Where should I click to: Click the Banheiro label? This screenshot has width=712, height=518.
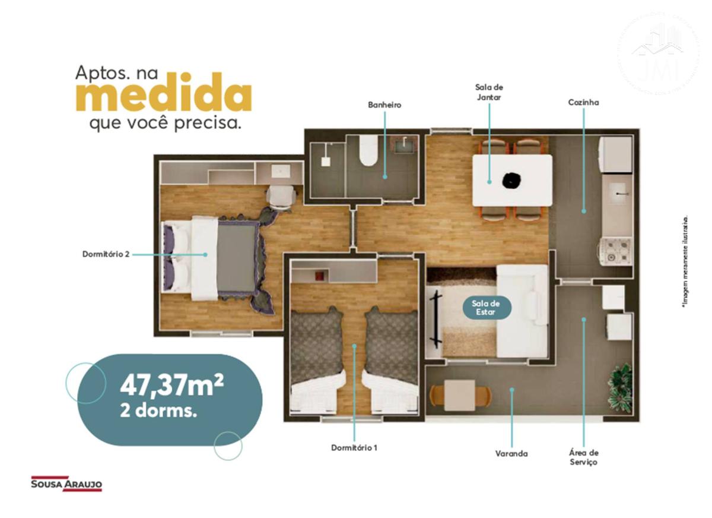[x=384, y=105]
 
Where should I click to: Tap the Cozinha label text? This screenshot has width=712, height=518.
[x=583, y=102]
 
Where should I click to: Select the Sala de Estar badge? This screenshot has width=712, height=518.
[x=487, y=308]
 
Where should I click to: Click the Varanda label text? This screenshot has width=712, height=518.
[x=511, y=453]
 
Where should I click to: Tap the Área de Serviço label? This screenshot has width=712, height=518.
[x=584, y=457]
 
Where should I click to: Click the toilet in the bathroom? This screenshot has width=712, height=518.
[x=368, y=150]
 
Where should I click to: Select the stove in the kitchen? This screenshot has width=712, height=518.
[x=615, y=251]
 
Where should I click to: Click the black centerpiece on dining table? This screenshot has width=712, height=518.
[x=511, y=181]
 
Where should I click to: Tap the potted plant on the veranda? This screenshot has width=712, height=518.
[x=619, y=389]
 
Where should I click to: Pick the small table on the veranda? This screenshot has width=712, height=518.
[x=460, y=395]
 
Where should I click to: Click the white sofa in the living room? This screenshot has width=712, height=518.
[x=523, y=311]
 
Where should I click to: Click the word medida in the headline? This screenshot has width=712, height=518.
[x=164, y=92]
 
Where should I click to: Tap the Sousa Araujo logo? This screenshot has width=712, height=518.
[x=66, y=484]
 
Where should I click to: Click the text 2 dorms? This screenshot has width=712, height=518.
[x=158, y=412]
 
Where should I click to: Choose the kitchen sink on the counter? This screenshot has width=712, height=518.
[x=617, y=194]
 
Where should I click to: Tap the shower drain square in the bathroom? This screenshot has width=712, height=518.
[x=326, y=162]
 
